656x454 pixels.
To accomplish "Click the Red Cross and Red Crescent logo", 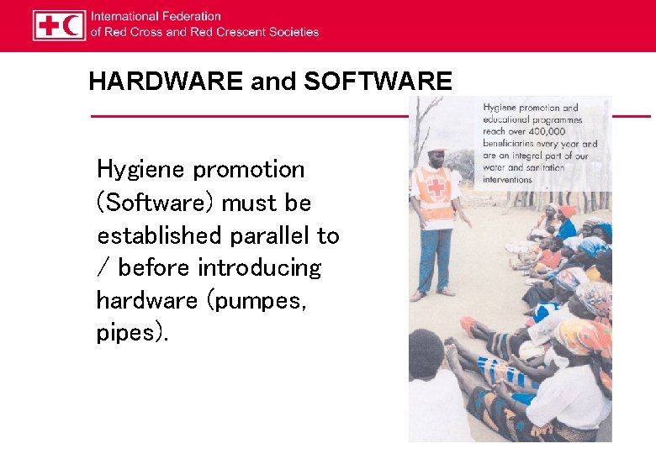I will [59, 25].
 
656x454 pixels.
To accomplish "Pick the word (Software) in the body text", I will [156, 203].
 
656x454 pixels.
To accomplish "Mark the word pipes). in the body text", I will [132, 334].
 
